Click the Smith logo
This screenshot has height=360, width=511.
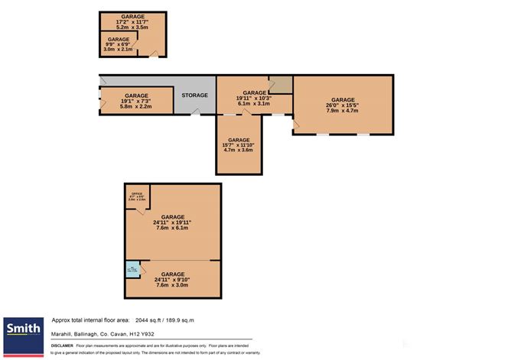point(24,330)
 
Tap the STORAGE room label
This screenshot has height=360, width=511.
point(194,95)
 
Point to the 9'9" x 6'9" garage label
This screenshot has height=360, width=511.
point(118,44)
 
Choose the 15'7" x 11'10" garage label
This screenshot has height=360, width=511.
point(239,145)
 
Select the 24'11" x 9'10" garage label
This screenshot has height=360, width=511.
point(173,278)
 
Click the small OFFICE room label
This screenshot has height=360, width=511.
point(137,196)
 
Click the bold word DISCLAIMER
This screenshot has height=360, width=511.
point(62,345)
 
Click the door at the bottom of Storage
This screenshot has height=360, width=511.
point(197,113)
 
